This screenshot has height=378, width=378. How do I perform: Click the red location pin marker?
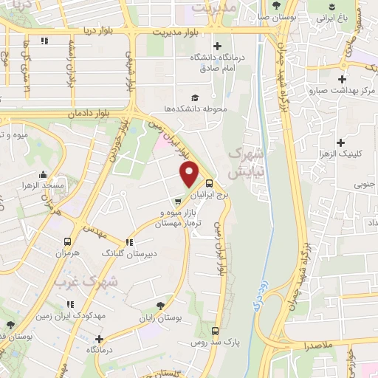pos(190,175)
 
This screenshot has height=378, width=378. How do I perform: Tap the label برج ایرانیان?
pos(207,196)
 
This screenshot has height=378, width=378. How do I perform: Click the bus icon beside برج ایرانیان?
pos(210,184)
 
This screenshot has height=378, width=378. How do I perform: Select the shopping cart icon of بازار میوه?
pos(177,200)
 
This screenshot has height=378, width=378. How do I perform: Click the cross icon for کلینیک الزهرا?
pos(340,142)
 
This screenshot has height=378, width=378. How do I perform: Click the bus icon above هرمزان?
pos(68,241)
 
